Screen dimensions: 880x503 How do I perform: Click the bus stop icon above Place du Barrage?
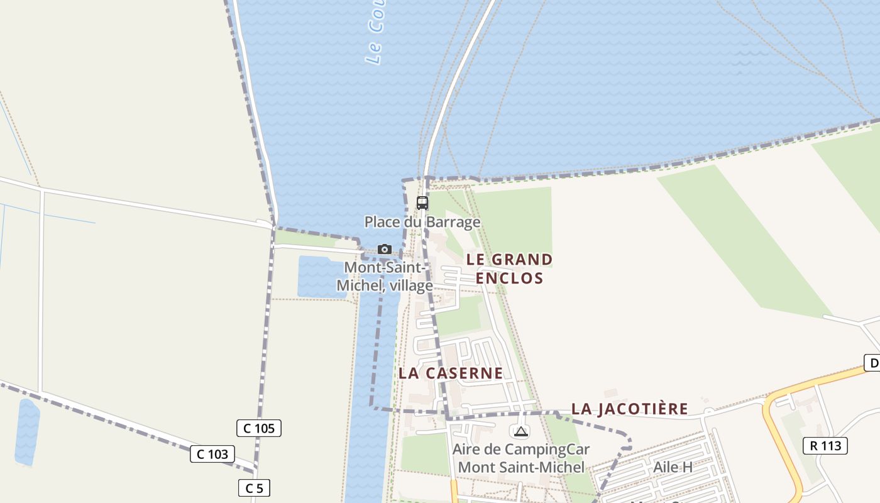pyautogui.click(x=422, y=203)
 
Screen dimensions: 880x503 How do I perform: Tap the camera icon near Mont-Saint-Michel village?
pyautogui.click(x=385, y=250)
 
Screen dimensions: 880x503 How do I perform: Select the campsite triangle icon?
pyautogui.click(x=520, y=432)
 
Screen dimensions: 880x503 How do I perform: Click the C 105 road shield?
pyautogui.click(x=259, y=429)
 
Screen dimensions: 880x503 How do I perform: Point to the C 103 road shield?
pyautogui.click(x=212, y=454)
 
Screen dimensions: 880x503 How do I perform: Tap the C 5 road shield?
pyautogui.click(x=254, y=488)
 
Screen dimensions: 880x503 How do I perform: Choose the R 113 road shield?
pyautogui.click(x=825, y=446)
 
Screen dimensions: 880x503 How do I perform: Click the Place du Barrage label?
pyautogui.click(x=422, y=222)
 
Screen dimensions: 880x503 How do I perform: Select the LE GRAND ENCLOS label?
pyautogui.click(x=510, y=268)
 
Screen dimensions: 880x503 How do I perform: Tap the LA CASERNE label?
pyautogui.click(x=451, y=373)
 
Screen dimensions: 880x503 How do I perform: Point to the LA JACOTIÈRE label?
pyautogui.click(x=629, y=409)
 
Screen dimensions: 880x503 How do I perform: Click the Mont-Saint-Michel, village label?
pyautogui.click(x=385, y=277)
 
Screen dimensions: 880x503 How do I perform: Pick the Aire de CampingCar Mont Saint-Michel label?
pyautogui.click(x=521, y=458)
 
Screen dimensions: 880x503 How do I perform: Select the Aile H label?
pyautogui.click(x=673, y=467)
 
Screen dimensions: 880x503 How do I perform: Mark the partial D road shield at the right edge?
pyautogui.click(x=872, y=363)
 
